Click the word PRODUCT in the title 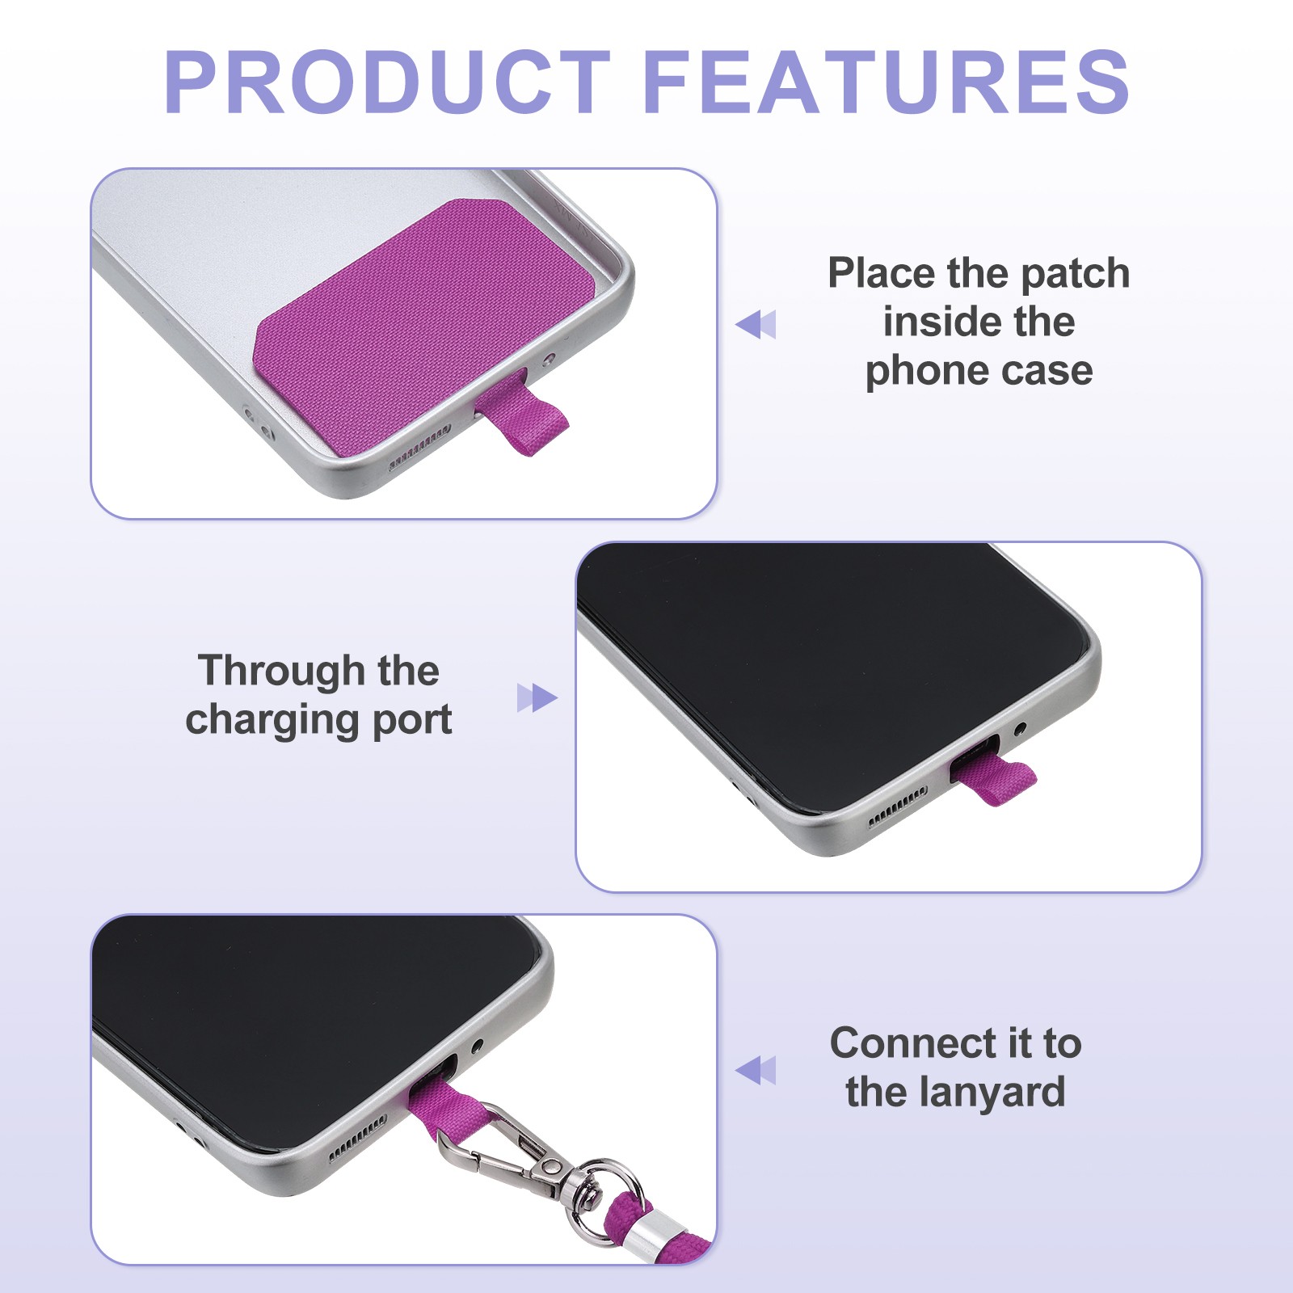(x=387, y=82)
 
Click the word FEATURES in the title (x=887, y=82)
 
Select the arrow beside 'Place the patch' (x=756, y=324)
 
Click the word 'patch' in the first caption (x=1075, y=275)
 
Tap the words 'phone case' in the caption (x=979, y=372)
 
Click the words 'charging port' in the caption (x=318, y=720)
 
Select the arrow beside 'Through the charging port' (x=537, y=697)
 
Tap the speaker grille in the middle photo (x=896, y=808)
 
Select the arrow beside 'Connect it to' (x=756, y=1070)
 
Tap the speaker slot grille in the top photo (x=419, y=448)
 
